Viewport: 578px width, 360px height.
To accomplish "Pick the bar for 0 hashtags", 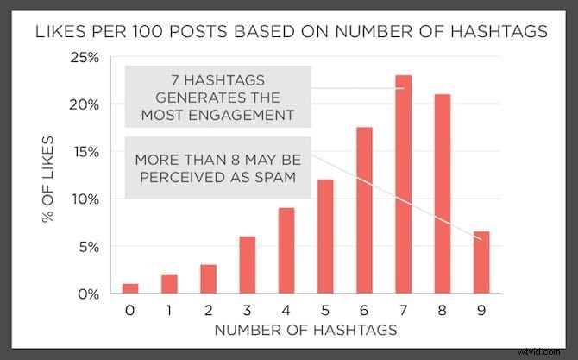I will pos(129,288).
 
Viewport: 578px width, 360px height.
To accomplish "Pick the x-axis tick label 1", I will pos(168,309).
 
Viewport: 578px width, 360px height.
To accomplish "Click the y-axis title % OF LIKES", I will pos(52,176).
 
